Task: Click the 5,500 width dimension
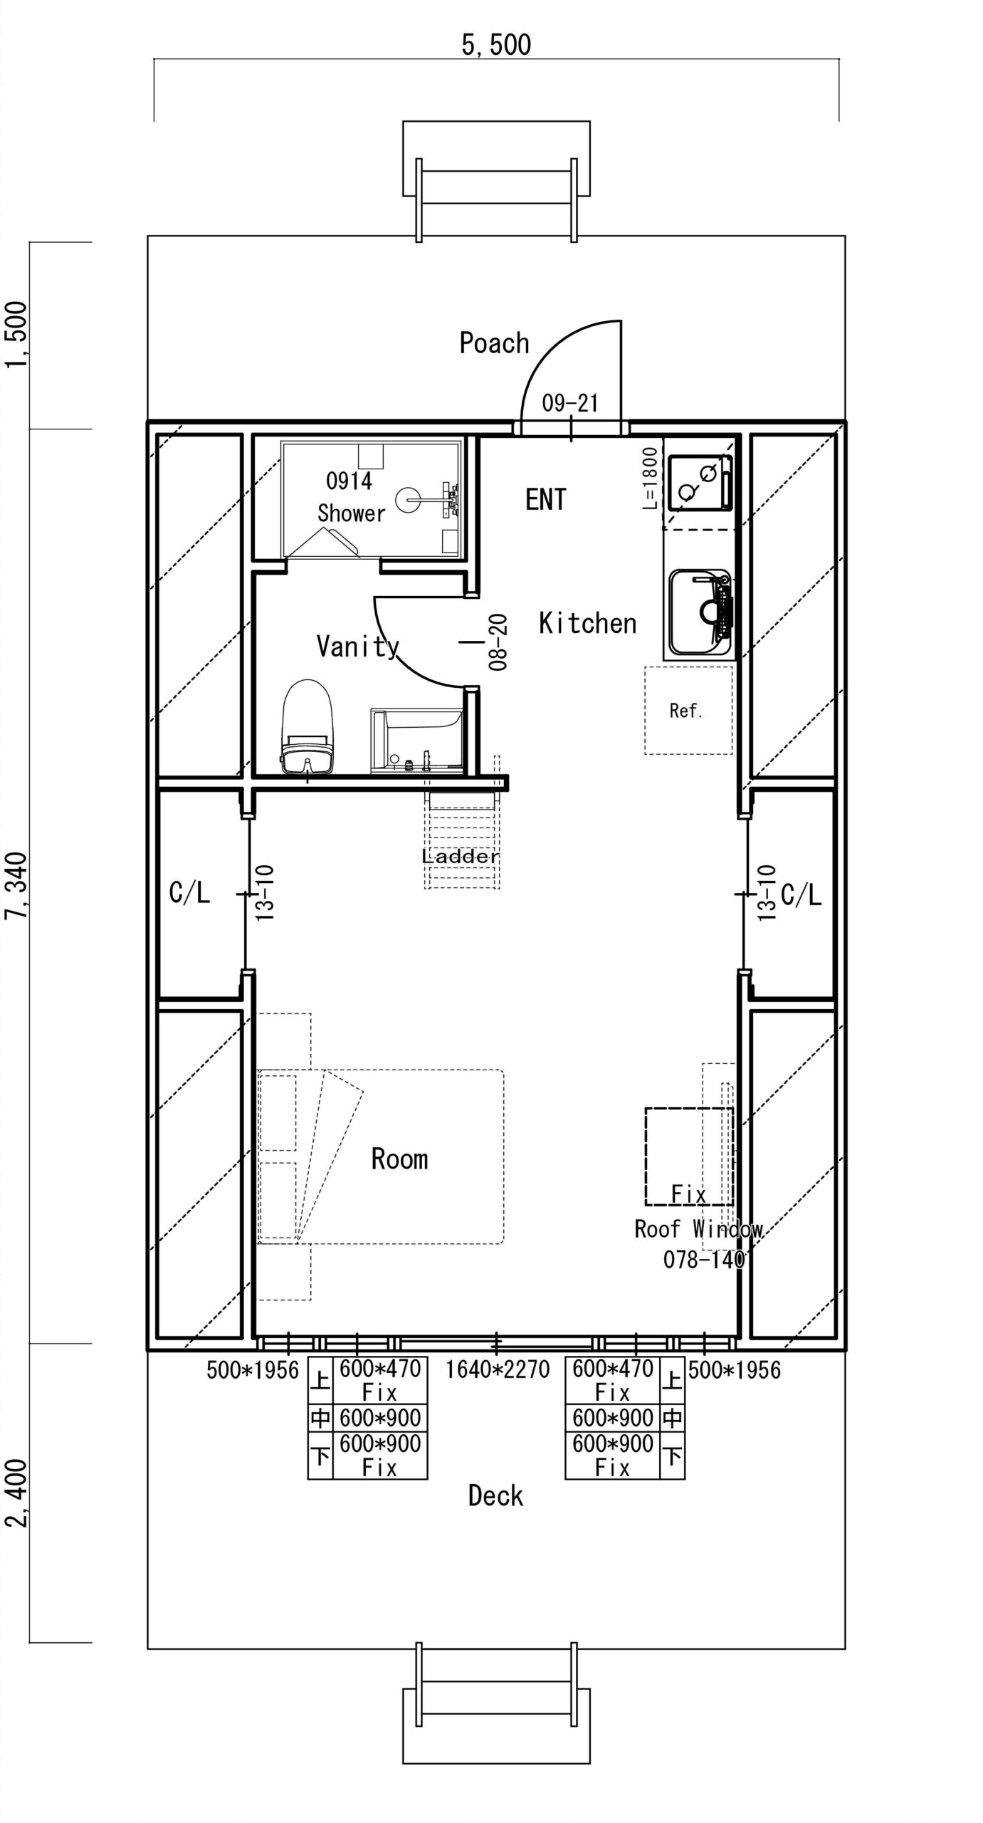[496, 45]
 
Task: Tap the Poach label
[494, 343]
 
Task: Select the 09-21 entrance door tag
[569, 404]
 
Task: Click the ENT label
[546, 499]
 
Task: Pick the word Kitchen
[587, 623]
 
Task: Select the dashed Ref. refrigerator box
[688, 710]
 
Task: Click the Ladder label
[461, 856]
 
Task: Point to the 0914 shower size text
[349, 481]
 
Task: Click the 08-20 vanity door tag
[498, 642]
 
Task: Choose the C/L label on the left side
[189, 893]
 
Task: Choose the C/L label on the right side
[801, 894]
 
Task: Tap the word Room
[399, 1159]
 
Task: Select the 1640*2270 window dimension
[498, 1369]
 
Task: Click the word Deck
[495, 1495]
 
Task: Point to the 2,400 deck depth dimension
[16, 1493]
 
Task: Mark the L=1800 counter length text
[649, 478]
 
